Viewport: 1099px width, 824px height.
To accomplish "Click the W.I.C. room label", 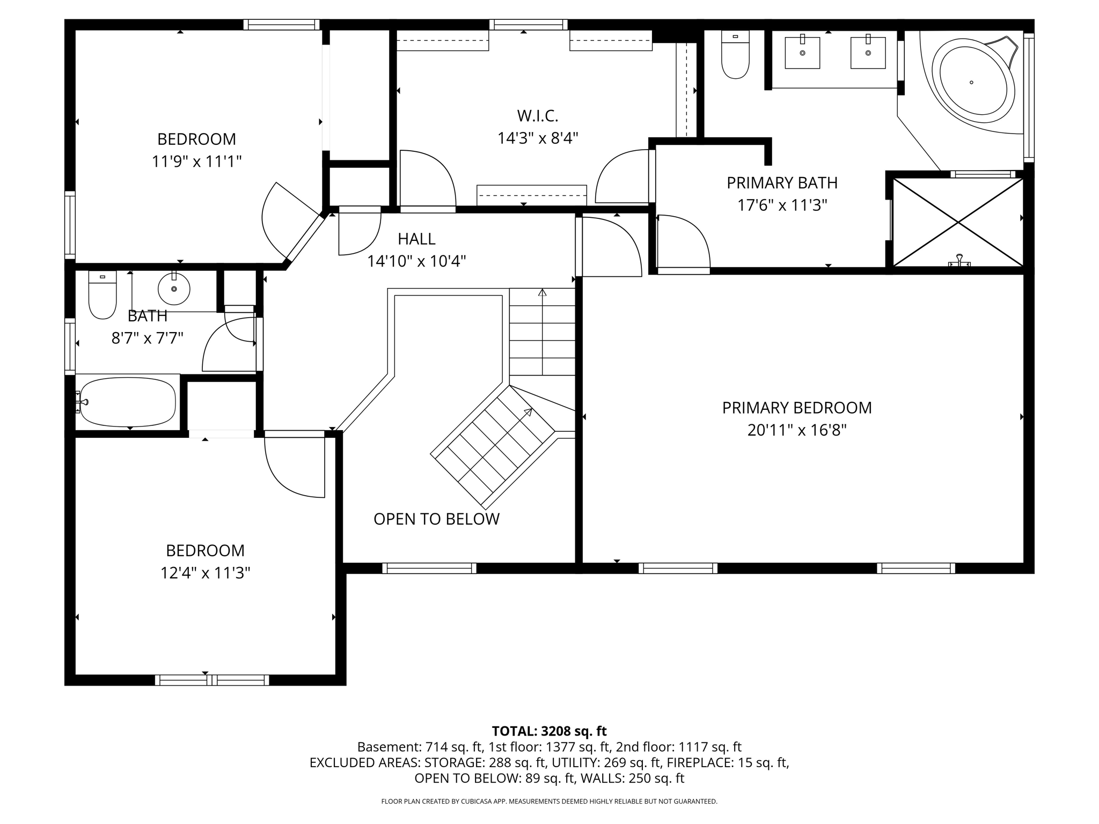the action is pyautogui.click(x=538, y=115).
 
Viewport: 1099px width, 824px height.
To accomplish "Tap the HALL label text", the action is pyautogui.click(x=416, y=239).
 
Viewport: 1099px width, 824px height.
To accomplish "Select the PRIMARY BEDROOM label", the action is pyautogui.click(x=797, y=408).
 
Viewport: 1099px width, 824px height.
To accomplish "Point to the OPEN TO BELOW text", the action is pyautogui.click(x=436, y=519).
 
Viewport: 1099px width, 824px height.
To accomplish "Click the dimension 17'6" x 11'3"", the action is pyautogui.click(x=782, y=205).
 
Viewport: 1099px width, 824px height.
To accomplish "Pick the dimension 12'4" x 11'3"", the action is pyautogui.click(x=206, y=573).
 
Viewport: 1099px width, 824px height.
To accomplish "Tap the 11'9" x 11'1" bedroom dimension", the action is pyautogui.click(x=197, y=161).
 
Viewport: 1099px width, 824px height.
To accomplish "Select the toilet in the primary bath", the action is pyautogui.click(x=735, y=55).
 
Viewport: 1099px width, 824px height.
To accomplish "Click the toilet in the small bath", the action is pyautogui.click(x=102, y=295).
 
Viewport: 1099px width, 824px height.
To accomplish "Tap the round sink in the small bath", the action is pyautogui.click(x=174, y=289).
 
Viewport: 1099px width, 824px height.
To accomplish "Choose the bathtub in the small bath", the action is pyautogui.click(x=127, y=402).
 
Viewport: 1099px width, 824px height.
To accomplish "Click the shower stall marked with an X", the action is pyautogui.click(x=958, y=222).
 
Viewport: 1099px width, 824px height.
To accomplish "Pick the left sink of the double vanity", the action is pyautogui.click(x=802, y=52).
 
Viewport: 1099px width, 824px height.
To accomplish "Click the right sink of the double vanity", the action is pyautogui.click(x=868, y=52).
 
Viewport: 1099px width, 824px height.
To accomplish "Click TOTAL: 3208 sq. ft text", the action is pyautogui.click(x=549, y=731).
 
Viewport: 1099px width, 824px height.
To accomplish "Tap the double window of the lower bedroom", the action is pyautogui.click(x=212, y=680).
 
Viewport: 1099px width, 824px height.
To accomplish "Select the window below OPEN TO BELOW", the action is pyautogui.click(x=429, y=568).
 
